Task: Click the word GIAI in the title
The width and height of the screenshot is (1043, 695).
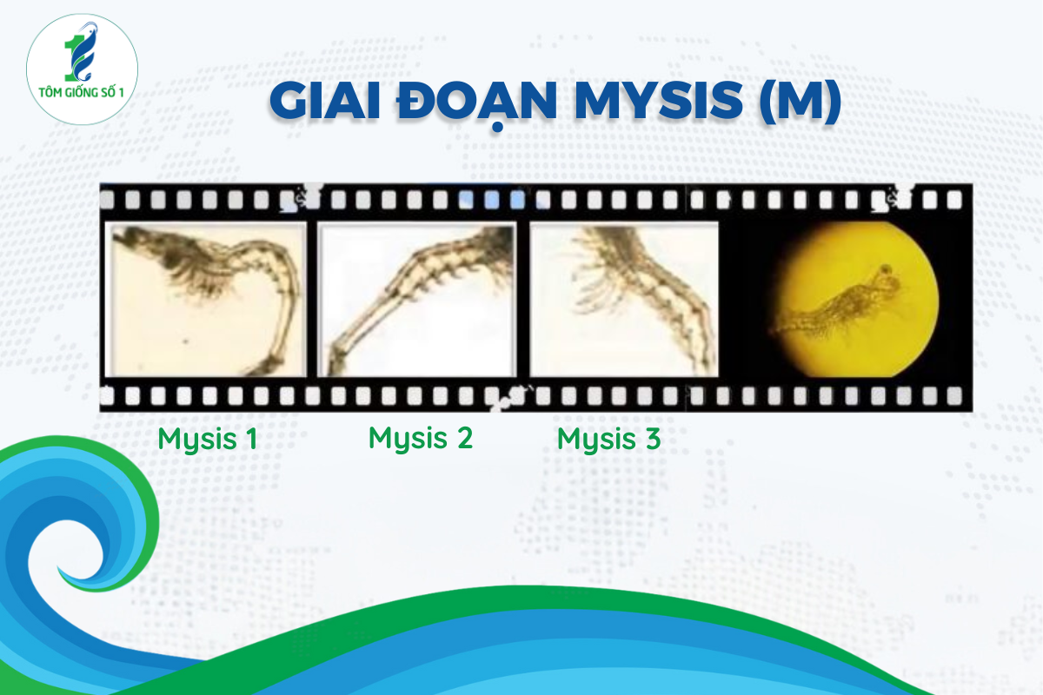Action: pyautogui.click(x=325, y=101)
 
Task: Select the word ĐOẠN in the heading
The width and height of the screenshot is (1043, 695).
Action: pyautogui.click(x=476, y=103)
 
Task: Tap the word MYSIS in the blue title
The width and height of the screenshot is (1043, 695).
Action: pyautogui.click(x=659, y=101)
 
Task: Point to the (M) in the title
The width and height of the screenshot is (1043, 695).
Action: pyautogui.click(x=800, y=102)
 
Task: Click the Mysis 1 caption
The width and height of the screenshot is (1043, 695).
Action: pyautogui.click(x=207, y=439)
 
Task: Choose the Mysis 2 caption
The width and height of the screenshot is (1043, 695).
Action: pyautogui.click(x=421, y=438)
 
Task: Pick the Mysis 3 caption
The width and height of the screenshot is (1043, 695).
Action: pyautogui.click(x=608, y=439)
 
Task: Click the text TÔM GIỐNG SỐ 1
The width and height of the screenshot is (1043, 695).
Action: pyautogui.click(x=81, y=92)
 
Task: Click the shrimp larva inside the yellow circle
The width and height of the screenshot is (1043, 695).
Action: pyautogui.click(x=838, y=301)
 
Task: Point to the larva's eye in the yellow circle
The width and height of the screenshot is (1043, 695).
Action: pyautogui.click(x=885, y=269)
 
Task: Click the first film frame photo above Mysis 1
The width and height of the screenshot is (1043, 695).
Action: pyautogui.click(x=205, y=300)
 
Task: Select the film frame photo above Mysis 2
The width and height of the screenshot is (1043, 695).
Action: pyautogui.click(x=416, y=300)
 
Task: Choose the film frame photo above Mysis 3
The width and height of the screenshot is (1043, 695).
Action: pyautogui.click(x=624, y=300)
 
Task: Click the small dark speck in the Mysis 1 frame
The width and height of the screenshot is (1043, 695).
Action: pyautogui.click(x=186, y=341)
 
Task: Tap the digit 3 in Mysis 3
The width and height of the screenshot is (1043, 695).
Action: pyautogui.click(x=653, y=439)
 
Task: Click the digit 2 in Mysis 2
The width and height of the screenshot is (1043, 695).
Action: pyautogui.click(x=464, y=438)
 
